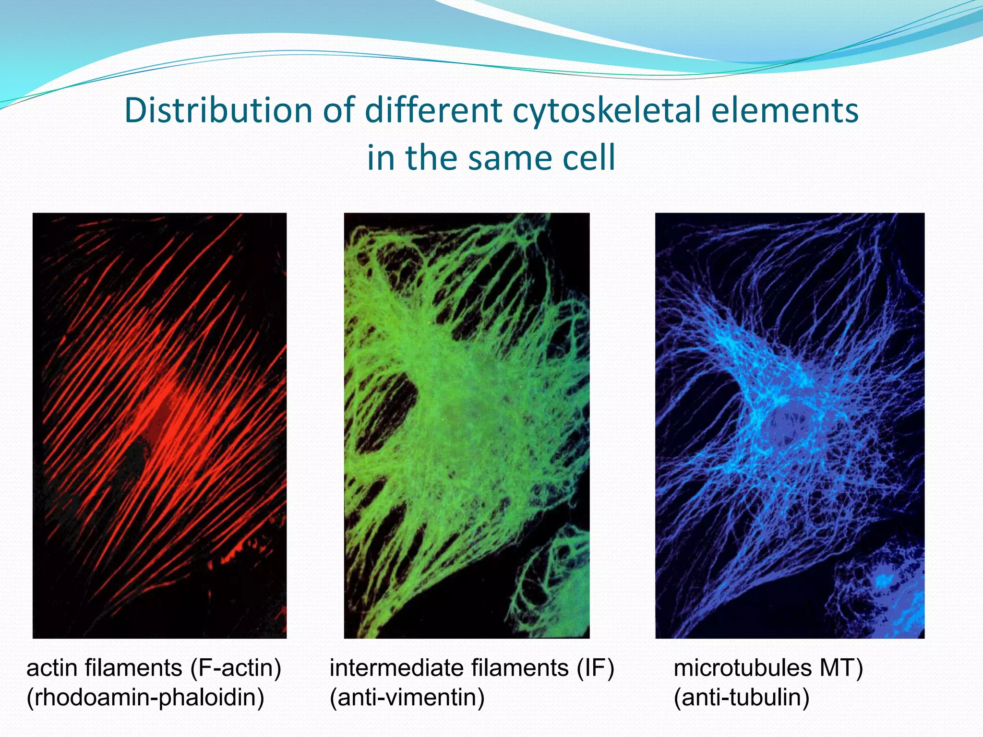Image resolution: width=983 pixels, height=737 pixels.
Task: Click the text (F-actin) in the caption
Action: click(x=236, y=668)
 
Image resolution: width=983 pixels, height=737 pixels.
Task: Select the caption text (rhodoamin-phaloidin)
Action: click(x=145, y=697)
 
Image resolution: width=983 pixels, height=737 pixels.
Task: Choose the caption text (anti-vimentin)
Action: click(x=407, y=697)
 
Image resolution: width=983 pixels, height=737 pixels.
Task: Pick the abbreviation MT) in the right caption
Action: click(x=841, y=668)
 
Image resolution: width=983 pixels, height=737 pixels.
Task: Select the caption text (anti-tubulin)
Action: click(x=742, y=697)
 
